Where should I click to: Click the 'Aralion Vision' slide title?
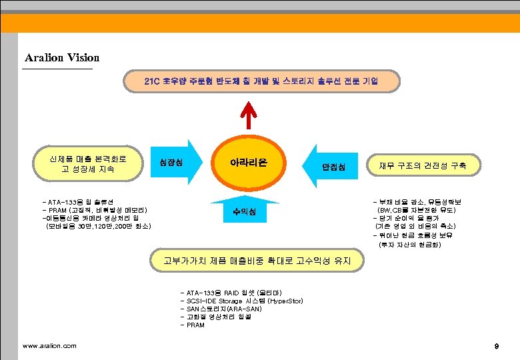coord(61,58)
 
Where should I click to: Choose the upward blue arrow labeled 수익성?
coord(240,212)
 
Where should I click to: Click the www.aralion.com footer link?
coord(49,345)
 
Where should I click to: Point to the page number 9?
coord(496,346)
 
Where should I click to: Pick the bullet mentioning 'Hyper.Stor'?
coord(241,301)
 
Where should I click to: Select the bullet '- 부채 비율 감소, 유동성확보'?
coord(421,201)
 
